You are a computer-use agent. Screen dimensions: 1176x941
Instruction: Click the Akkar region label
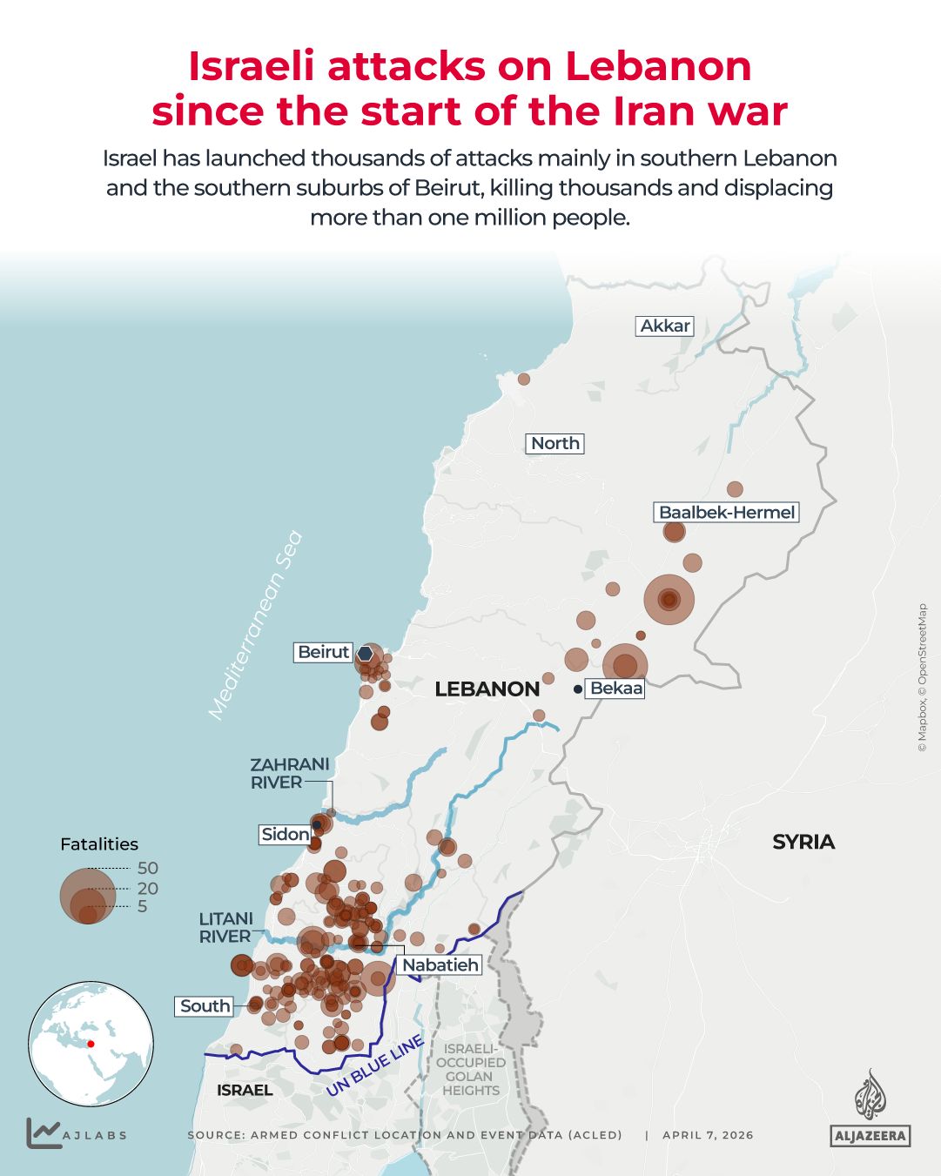click(665, 326)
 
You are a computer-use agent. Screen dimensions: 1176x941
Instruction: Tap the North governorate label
click(555, 443)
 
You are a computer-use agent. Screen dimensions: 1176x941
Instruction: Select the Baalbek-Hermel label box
click(726, 512)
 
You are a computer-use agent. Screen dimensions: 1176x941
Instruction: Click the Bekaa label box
click(615, 689)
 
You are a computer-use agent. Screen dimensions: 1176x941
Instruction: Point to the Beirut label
click(323, 652)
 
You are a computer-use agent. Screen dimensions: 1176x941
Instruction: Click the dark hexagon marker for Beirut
click(366, 654)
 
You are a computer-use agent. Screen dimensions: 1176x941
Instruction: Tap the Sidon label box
click(285, 834)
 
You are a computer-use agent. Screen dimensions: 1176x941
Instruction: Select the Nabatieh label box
click(440, 964)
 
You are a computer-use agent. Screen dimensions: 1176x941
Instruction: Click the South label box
click(205, 1005)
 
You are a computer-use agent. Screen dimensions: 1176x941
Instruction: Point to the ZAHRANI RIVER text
click(289, 773)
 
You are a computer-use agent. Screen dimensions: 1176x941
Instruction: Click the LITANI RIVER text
click(225, 927)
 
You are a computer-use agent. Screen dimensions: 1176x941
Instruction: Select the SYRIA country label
click(803, 842)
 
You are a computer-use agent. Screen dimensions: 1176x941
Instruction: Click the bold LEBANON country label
click(487, 689)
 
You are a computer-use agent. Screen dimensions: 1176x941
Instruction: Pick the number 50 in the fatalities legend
click(147, 868)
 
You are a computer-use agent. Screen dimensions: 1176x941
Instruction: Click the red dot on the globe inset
click(91, 1044)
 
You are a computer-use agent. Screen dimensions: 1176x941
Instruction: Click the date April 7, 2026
click(708, 1135)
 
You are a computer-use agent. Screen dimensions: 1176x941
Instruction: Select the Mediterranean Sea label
click(255, 625)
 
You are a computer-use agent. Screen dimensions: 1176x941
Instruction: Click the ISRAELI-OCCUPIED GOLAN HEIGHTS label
click(470, 1070)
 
